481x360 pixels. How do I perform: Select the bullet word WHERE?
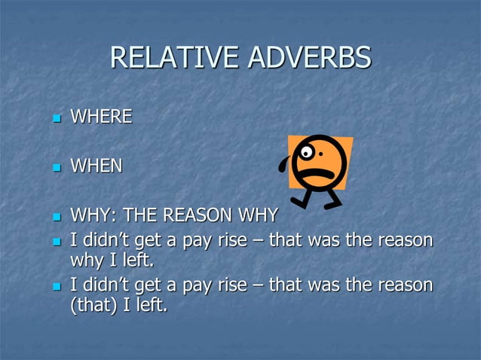pos(100,117)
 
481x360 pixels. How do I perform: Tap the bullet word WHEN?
pos(96,166)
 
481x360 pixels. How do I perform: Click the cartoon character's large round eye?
pos(308,152)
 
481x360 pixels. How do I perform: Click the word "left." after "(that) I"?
pos(148,307)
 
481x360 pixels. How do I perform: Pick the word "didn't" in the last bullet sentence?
pos(106,286)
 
